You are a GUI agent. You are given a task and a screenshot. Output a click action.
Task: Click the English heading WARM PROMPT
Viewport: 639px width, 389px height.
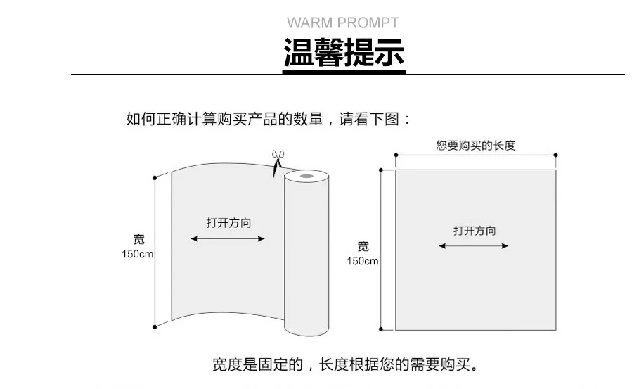click(343, 23)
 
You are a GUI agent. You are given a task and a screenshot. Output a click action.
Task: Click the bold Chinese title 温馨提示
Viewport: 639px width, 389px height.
click(344, 52)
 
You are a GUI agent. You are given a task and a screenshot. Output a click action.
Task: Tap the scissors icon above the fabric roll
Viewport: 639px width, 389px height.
click(278, 163)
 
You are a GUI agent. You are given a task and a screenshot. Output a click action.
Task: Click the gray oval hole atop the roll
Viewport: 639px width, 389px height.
click(306, 176)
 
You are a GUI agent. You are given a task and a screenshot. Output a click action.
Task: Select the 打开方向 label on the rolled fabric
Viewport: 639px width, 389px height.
click(228, 223)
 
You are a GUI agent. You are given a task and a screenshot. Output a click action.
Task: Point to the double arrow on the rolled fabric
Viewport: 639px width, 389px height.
click(227, 239)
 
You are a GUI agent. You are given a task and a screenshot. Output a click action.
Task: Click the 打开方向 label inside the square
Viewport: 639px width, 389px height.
click(475, 231)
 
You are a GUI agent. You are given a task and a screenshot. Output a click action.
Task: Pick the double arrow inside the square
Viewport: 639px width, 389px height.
click(474, 246)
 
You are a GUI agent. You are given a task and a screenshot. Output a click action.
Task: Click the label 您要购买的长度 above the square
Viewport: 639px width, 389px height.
click(475, 145)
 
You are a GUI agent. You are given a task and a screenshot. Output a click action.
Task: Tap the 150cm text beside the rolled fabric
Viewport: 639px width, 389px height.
click(137, 254)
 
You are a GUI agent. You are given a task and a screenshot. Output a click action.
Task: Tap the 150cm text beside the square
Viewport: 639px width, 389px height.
click(362, 261)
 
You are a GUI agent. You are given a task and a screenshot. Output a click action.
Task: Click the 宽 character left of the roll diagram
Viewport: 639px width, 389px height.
click(139, 239)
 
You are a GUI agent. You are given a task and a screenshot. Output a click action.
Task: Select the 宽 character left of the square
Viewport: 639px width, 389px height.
click(363, 246)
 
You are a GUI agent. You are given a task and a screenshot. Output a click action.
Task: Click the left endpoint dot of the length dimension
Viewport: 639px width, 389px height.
click(396, 155)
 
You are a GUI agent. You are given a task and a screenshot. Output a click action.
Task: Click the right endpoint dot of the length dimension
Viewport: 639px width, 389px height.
click(555, 155)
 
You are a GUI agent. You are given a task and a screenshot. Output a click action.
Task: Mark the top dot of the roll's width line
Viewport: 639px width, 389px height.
click(155, 178)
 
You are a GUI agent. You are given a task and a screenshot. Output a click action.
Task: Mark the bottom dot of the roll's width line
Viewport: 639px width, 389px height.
click(155, 327)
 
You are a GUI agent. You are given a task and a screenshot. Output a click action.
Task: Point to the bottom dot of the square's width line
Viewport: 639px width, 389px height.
click(380, 329)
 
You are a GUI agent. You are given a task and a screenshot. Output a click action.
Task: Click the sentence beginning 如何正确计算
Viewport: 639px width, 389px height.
click(268, 119)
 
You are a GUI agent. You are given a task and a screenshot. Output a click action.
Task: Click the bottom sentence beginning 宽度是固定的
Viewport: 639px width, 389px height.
click(345, 364)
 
